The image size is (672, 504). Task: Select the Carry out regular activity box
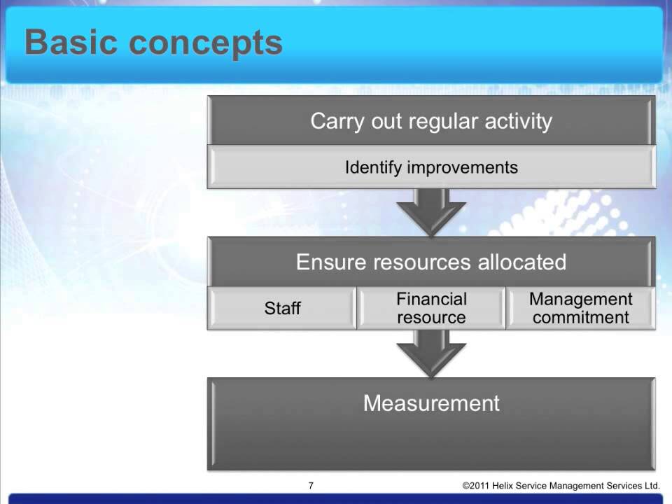(x=431, y=121)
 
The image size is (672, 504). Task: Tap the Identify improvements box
(x=431, y=168)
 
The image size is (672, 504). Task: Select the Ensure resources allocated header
(x=431, y=262)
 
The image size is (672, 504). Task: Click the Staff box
(x=282, y=309)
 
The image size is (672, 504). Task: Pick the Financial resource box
(x=431, y=309)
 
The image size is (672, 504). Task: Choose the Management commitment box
(x=580, y=309)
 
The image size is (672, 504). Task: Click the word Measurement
(x=431, y=403)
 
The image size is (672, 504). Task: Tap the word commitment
(x=580, y=318)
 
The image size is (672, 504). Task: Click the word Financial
(x=431, y=300)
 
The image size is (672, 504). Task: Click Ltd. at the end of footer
(x=651, y=486)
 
